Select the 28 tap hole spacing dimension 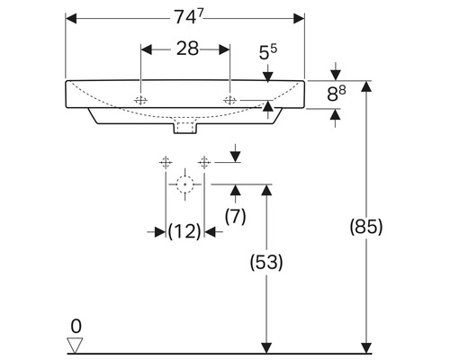(x=186, y=49)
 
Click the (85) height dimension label (x=365, y=227)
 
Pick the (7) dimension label (x=234, y=216)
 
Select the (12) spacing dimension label (x=184, y=231)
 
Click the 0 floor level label (x=76, y=325)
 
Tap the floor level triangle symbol (x=76, y=344)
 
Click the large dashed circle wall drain (x=185, y=185)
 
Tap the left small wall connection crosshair (x=165, y=162)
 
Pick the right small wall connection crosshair (x=205, y=162)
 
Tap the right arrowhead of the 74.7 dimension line (x=300, y=16)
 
